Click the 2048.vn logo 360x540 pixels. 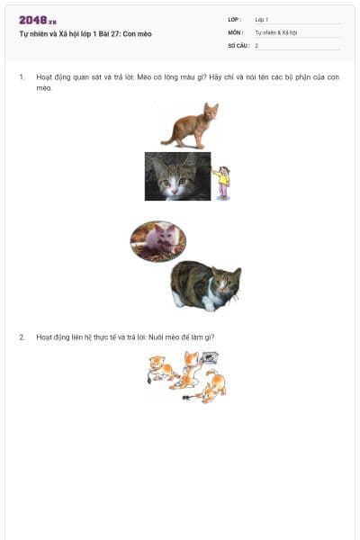tap(38, 21)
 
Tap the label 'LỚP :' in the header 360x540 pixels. tap(235, 20)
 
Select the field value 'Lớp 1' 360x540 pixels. tap(262, 20)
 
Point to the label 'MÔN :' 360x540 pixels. tap(236, 32)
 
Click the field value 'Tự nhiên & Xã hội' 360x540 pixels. tap(276, 32)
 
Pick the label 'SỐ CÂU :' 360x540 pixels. tap(238, 46)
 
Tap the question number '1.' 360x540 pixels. tap(22, 77)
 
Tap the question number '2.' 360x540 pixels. tap(22, 337)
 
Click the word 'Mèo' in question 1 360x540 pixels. tap(144, 77)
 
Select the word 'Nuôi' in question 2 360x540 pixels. tap(156, 337)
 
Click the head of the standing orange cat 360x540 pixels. tap(211, 111)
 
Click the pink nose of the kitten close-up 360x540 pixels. tap(175, 191)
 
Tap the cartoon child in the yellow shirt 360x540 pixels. tap(222, 183)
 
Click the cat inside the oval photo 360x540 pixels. tap(158, 239)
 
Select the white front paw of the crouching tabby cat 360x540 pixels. tap(209, 303)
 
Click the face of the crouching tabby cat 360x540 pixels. tap(226, 283)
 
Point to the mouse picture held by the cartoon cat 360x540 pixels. tap(210, 358)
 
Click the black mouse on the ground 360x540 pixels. tap(188, 398)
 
